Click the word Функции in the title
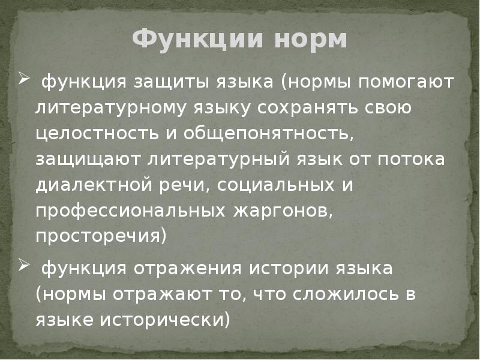click(x=190, y=40)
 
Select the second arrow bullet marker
click(x=23, y=266)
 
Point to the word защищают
click(x=80, y=160)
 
